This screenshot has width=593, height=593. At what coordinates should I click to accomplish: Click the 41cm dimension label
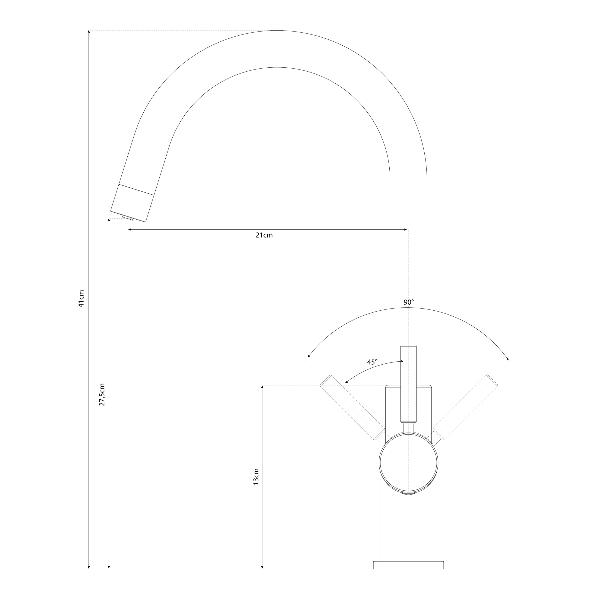[x=81, y=299]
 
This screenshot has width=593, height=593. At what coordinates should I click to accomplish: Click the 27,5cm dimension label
[x=102, y=395]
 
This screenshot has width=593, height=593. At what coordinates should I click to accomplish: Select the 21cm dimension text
[x=264, y=235]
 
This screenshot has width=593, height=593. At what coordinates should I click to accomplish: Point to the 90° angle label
[x=409, y=302]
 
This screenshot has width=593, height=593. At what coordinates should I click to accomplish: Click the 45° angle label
[x=372, y=362]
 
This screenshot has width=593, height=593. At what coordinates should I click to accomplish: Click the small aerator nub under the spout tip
[x=127, y=218]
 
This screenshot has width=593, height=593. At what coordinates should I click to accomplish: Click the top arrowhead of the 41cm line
[x=89, y=32]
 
